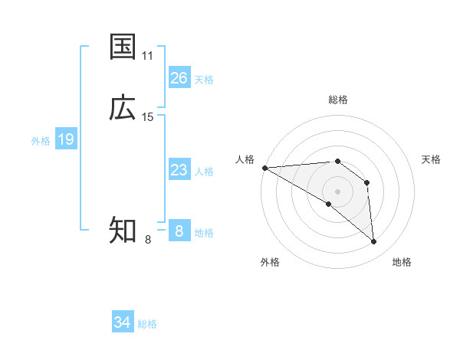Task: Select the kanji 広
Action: (x=123, y=108)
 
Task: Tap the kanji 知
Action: (x=123, y=230)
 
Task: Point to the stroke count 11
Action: (x=148, y=56)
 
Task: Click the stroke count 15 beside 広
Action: (x=148, y=117)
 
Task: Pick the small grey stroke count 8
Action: (x=148, y=240)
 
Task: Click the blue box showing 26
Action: (x=179, y=78)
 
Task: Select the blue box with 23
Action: (x=179, y=170)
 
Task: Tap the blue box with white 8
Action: (x=179, y=231)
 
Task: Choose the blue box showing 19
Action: (x=66, y=139)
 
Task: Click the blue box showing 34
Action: (x=123, y=322)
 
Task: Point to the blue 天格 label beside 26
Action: (x=204, y=80)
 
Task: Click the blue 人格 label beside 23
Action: (x=204, y=172)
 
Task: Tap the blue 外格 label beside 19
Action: (x=41, y=141)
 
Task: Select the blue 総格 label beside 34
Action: (x=147, y=324)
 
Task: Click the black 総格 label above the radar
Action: (x=338, y=100)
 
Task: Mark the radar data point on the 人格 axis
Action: (x=264, y=168)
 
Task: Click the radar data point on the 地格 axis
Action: (x=374, y=242)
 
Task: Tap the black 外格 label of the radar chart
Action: (x=270, y=262)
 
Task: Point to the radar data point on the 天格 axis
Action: (x=367, y=182)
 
